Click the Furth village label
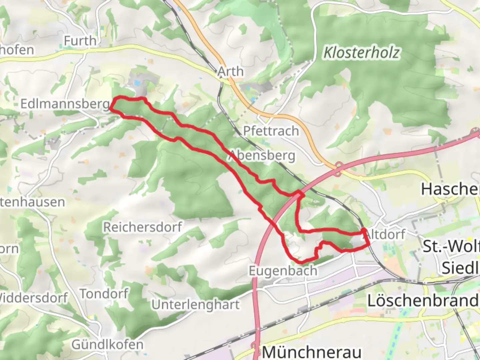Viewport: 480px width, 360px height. coord(80,41)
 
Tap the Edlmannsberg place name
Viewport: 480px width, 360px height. coord(65,104)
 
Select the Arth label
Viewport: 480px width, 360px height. coord(230,71)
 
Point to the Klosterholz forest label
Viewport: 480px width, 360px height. coord(361,53)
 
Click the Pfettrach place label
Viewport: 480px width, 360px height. coord(271,131)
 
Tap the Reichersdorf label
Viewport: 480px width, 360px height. coord(142,227)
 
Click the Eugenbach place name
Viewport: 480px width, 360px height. coord(283,271)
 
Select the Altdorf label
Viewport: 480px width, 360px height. coord(387,234)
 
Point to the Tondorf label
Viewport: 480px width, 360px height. coord(104,294)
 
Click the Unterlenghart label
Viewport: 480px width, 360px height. coord(196,305)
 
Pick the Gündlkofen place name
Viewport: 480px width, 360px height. coord(107,344)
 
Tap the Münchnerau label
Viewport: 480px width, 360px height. coord(312,352)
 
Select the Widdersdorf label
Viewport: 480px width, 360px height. coord(33,298)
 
